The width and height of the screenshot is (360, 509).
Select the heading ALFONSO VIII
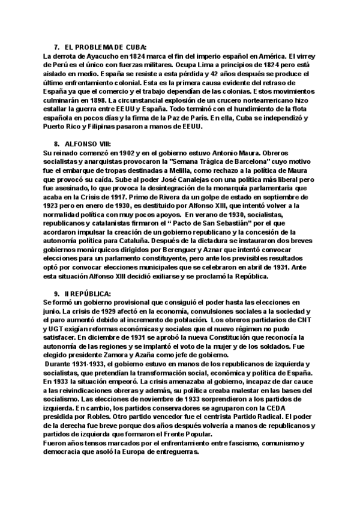click(86, 145)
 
